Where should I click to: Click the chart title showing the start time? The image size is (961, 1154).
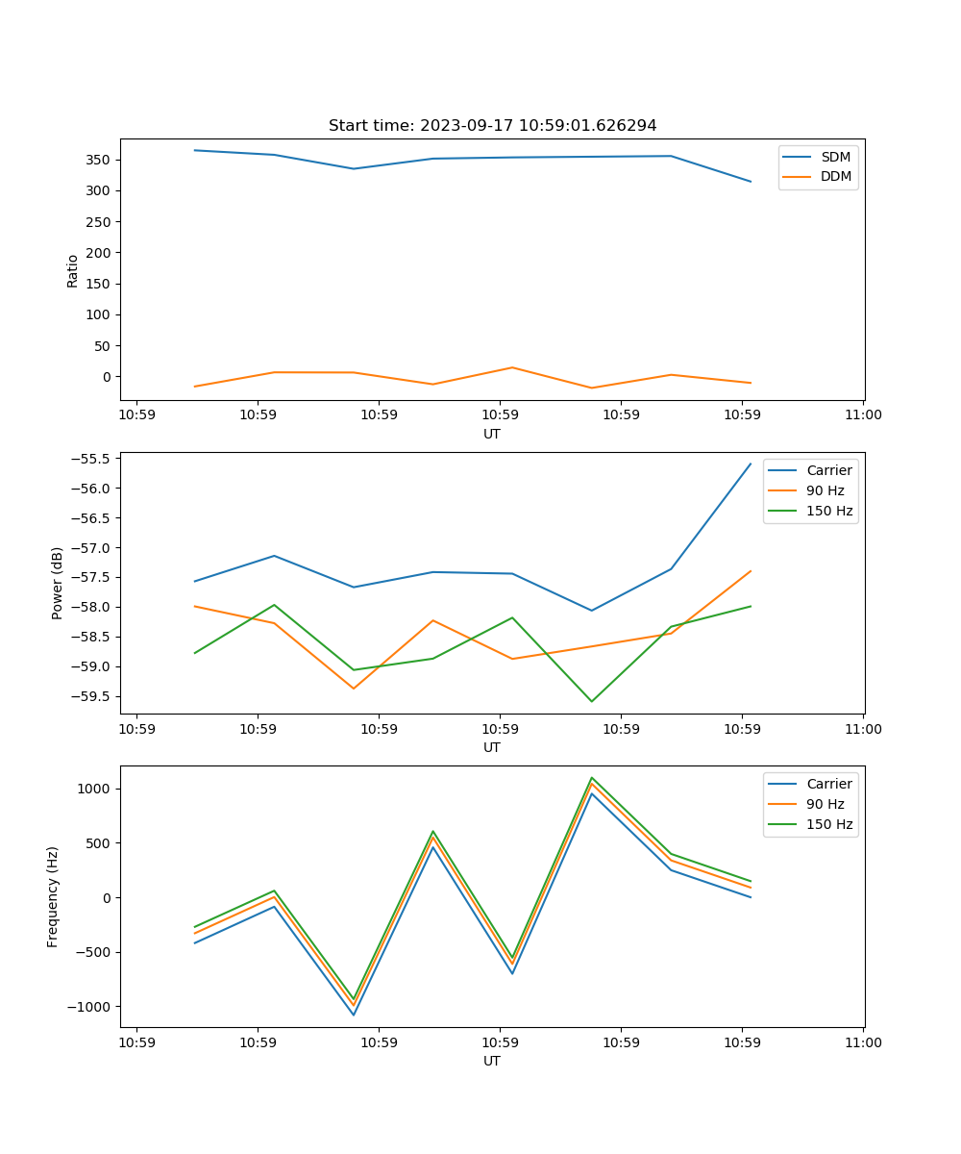pos(492,126)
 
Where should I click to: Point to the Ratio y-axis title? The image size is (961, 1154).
pos(72,271)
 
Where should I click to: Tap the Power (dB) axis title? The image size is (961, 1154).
pos(58,583)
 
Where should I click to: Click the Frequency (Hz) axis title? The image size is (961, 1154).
pos(53,896)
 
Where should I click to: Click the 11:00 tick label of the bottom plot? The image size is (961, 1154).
pos(863,1041)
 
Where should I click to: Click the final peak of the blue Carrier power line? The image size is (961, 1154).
pos(751,464)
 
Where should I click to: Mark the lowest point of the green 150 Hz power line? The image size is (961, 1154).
pos(591,701)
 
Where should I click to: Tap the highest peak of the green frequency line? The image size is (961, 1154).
pos(591,778)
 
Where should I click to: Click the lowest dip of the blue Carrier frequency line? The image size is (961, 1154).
pos(354,1015)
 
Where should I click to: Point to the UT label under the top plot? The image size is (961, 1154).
pos(492,434)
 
